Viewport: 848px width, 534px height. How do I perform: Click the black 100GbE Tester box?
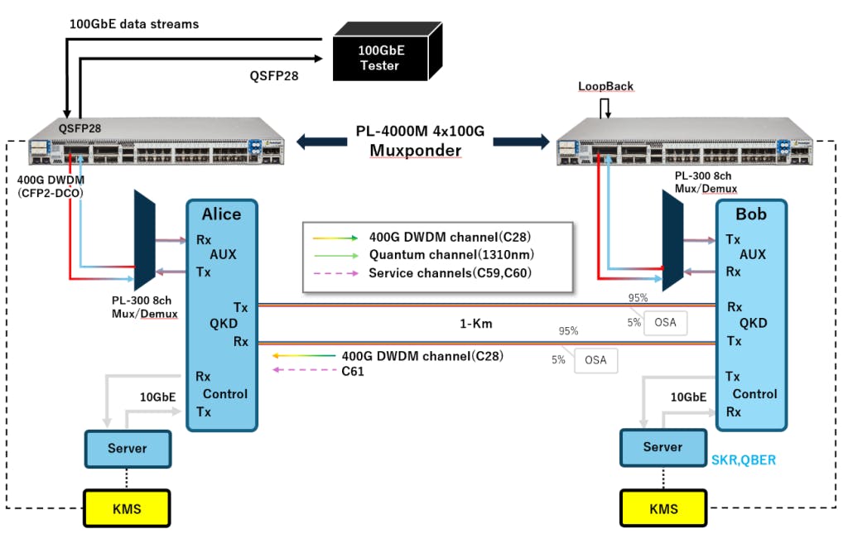click(x=378, y=55)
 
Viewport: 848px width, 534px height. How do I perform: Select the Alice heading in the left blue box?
click(x=221, y=214)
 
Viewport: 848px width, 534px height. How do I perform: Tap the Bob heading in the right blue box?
click(x=751, y=214)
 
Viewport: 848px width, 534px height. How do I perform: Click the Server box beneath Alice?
click(x=128, y=449)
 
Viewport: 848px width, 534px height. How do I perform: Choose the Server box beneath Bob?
click(x=662, y=447)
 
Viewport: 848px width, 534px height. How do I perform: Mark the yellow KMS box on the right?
click(x=662, y=508)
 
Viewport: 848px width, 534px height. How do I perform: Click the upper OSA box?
click(x=666, y=322)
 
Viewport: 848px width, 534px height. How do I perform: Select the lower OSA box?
click(x=595, y=359)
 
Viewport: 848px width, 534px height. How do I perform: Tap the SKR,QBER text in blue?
click(x=743, y=460)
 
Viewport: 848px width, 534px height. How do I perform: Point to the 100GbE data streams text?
click(x=133, y=24)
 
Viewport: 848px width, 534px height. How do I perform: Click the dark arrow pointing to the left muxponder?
click(x=322, y=142)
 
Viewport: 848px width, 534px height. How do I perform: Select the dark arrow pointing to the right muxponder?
click(x=521, y=142)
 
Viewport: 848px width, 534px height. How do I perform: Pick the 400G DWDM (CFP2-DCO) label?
click(x=52, y=186)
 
